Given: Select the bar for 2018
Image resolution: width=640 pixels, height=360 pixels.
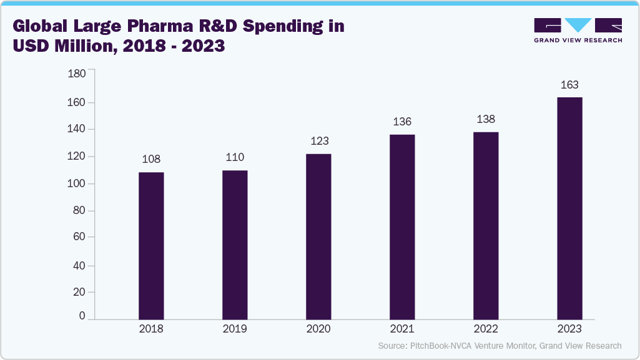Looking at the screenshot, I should coord(151,246).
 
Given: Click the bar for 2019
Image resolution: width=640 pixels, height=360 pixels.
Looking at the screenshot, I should coord(235,245).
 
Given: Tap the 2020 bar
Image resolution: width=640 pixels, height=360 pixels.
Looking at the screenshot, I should coord(318,236).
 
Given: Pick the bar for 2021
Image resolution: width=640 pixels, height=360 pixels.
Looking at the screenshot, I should coord(402,227).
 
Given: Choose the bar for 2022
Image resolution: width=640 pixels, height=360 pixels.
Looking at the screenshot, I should coord(486,226).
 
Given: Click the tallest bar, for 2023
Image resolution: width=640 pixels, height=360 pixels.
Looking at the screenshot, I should coord(569,208).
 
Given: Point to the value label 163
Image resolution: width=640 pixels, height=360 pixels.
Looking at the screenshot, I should coord(569,85).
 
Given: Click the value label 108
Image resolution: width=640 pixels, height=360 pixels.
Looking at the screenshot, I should coord(151,159).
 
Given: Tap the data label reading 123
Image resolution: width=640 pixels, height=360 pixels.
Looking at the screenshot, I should coord(318,141).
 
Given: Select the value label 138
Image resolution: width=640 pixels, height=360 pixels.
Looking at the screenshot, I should coord(486,119).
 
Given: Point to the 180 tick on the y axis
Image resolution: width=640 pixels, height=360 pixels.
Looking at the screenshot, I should coord(77,74).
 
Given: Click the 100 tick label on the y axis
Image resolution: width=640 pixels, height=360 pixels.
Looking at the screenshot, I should coord(77,184).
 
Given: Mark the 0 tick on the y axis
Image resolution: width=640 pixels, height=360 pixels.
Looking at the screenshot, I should coord(82,316).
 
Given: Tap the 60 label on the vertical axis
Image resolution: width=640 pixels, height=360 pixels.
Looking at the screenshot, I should coord(79,237).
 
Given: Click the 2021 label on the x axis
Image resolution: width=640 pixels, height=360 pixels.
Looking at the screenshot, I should coord(402,329).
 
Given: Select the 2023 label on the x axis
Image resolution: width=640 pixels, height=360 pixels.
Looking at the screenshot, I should coord(569,329).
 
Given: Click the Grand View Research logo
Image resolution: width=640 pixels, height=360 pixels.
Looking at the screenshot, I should coord(578,31).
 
